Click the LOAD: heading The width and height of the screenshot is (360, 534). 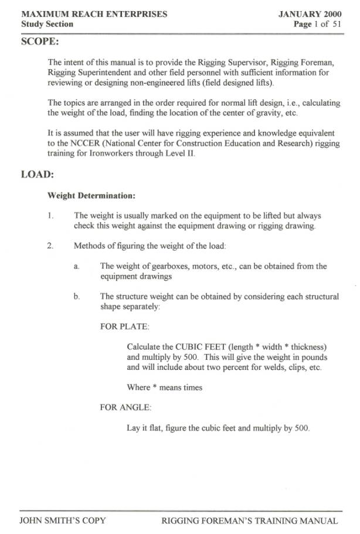[x=38, y=175]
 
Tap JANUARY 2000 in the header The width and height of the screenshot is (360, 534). [x=309, y=13]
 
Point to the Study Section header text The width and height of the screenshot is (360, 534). [x=47, y=24]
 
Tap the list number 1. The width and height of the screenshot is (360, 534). [x=51, y=216]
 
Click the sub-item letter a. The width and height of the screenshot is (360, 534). [x=76, y=266]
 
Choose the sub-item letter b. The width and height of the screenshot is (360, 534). [x=77, y=297]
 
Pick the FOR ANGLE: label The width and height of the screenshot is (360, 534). [x=126, y=407]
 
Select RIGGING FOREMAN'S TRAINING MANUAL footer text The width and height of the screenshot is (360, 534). [x=250, y=521]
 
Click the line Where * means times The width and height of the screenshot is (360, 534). [x=164, y=387]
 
